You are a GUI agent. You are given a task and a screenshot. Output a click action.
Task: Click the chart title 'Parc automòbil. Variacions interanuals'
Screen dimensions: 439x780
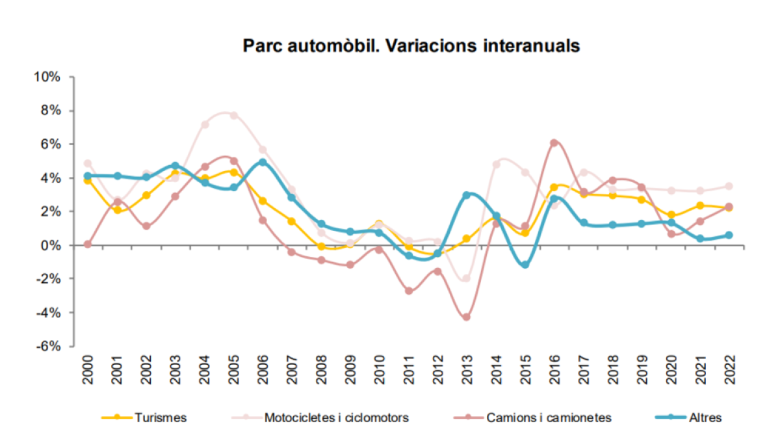[411, 46]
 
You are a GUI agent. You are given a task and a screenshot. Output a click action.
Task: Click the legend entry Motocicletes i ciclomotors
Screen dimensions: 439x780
[336, 418]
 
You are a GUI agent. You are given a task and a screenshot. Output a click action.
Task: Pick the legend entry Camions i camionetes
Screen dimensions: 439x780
[549, 418]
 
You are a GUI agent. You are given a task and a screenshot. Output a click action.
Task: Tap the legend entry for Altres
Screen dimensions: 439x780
[705, 418]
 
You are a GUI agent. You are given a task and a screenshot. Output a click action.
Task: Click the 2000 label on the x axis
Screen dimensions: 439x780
[88, 371]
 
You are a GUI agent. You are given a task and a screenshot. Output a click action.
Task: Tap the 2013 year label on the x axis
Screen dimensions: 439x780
[466, 371]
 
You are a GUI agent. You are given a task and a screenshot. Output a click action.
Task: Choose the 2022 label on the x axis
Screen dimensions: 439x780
[729, 371]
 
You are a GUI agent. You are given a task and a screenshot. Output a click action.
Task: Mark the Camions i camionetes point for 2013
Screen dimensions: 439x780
[466, 317]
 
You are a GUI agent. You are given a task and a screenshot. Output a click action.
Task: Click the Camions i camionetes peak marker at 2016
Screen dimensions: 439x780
[554, 143]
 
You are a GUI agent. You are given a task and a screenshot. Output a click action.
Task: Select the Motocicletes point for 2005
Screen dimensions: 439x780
[234, 116]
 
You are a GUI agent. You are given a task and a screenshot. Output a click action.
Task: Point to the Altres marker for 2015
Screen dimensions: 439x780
[525, 265]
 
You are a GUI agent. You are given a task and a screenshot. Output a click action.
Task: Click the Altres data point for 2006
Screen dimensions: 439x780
[263, 163]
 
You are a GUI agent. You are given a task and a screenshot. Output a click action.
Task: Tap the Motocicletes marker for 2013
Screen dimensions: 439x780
[466, 278]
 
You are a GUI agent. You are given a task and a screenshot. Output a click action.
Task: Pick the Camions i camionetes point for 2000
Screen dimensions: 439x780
[88, 244]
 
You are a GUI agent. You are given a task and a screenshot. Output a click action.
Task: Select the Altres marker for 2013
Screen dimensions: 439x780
[466, 195]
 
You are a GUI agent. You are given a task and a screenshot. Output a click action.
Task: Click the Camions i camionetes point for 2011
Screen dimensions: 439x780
[408, 291]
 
